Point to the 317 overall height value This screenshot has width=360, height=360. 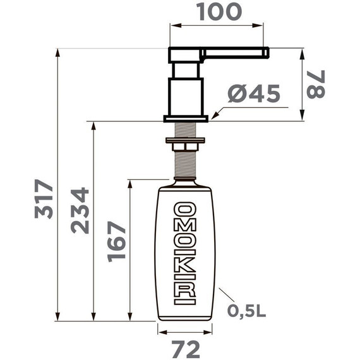pos(43,200)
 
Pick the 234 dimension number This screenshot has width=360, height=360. pos(80,211)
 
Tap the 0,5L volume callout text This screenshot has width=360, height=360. pos(246,311)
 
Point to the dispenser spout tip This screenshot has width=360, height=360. pos(267,51)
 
